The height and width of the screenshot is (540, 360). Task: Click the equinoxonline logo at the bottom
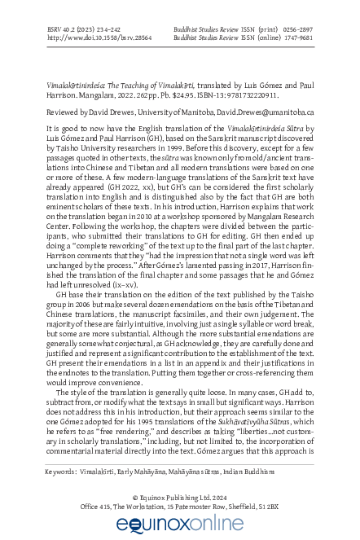pos(180,525)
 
